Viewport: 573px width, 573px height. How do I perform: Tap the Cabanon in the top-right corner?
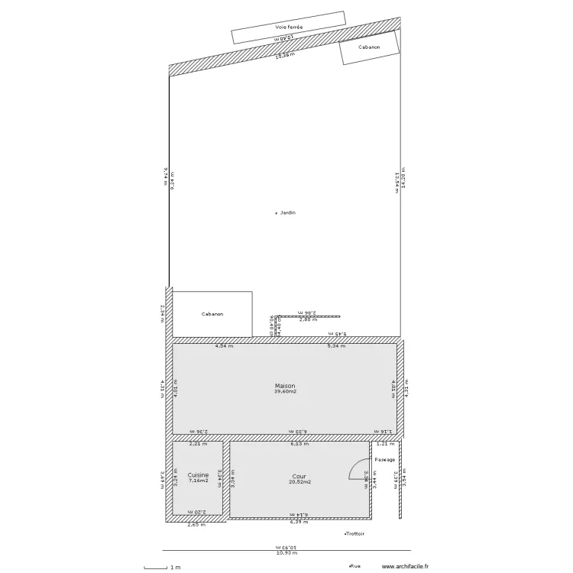369,47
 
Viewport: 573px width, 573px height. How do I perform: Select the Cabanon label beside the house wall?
213,314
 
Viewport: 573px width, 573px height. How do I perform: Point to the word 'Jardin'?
287,212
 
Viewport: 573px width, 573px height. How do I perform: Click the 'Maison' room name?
285,386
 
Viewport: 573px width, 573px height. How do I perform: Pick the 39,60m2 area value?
285,392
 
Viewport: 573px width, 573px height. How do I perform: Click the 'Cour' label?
299,476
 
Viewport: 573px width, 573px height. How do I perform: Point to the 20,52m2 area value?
299,482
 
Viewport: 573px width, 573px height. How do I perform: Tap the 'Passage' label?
385,460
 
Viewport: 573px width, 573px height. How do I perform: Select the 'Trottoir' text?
355,534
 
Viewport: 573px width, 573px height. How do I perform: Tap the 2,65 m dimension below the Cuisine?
196,526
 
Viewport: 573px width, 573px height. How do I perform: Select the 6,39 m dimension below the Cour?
298,523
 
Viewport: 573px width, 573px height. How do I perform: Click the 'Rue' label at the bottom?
355,566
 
